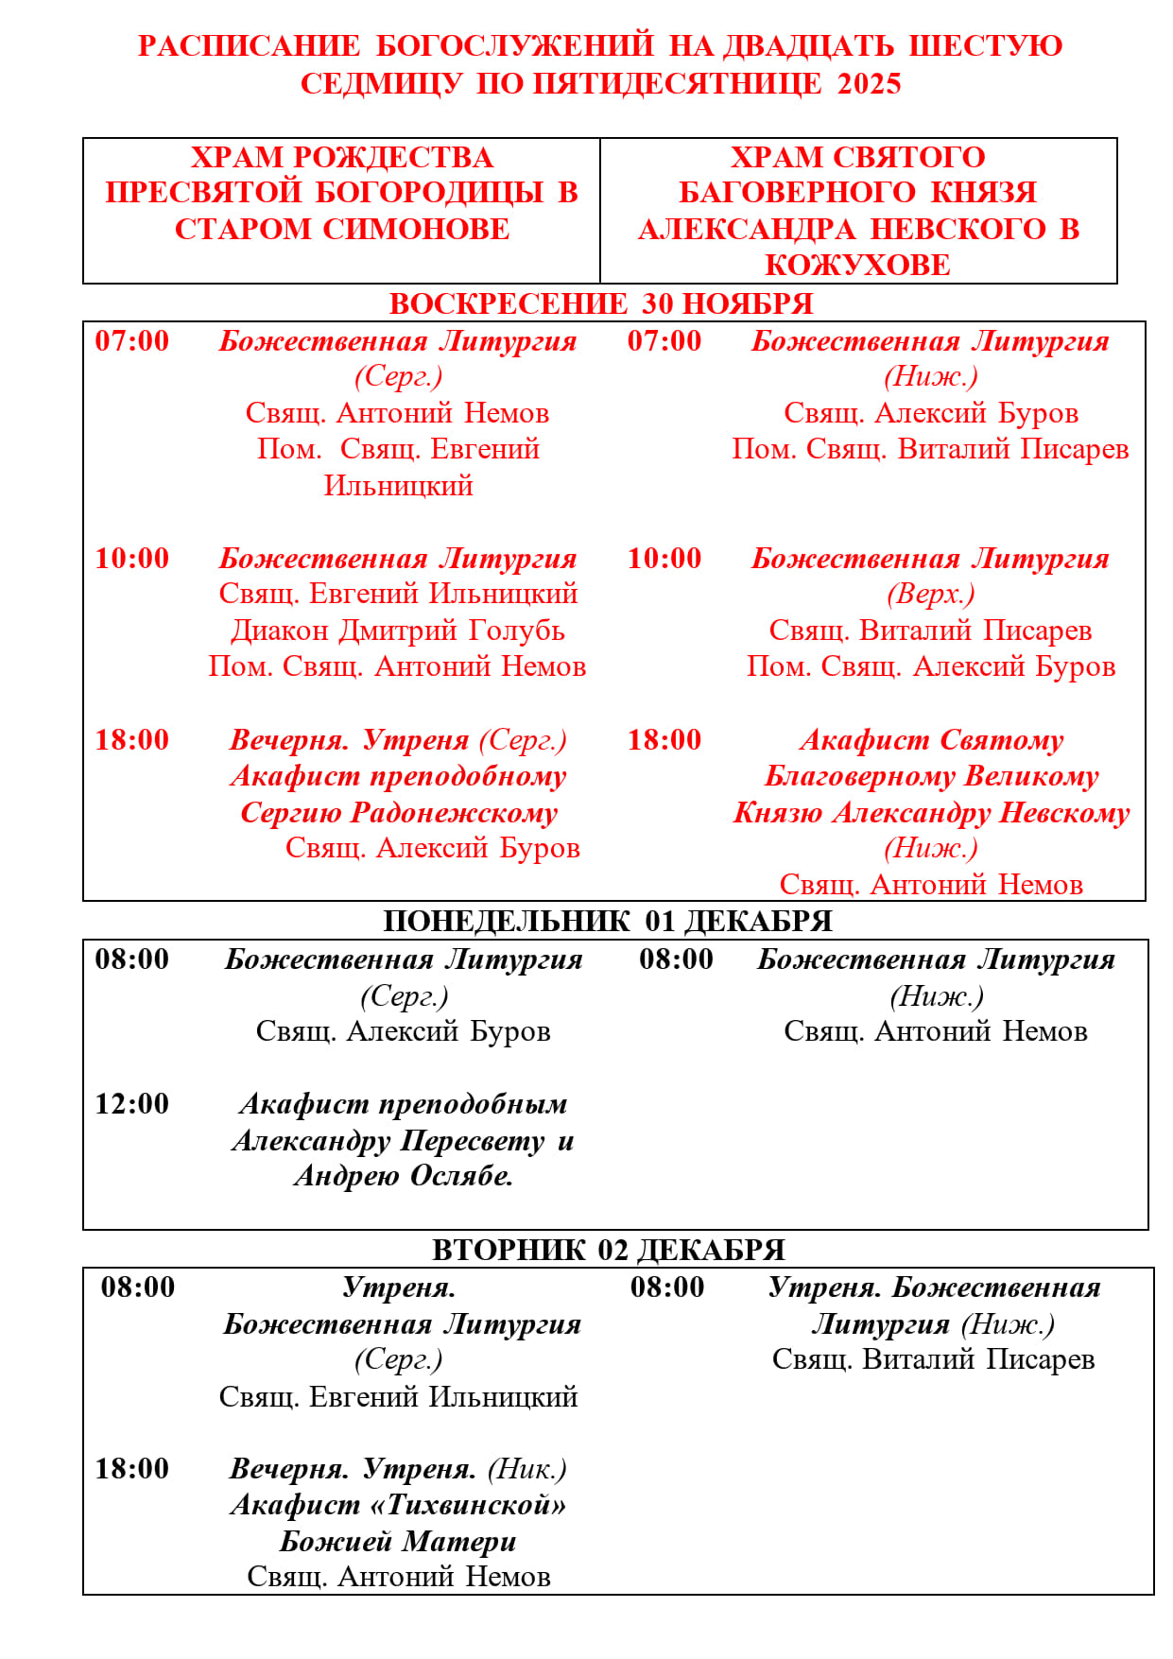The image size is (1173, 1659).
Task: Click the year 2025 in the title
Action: coord(869,83)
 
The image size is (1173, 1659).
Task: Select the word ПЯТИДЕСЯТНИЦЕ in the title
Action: coord(678,83)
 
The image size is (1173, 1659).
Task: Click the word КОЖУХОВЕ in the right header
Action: coord(857,265)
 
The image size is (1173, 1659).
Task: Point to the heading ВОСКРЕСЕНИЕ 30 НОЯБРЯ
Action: coord(601,303)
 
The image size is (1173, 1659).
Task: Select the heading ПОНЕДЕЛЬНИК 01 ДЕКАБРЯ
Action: coord(608,921)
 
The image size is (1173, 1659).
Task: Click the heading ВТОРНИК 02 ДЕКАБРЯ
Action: coord(609,1250)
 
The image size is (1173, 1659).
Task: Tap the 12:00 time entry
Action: coord(132,1104)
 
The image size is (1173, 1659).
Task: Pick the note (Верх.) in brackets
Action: coord(931,594)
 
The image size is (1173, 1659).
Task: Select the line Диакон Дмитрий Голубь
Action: coord(398,631)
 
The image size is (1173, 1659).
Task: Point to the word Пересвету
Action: coord(474,1141)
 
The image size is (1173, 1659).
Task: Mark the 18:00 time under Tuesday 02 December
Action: coord(132,1468)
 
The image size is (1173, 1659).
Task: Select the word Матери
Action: coord(459,1541)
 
